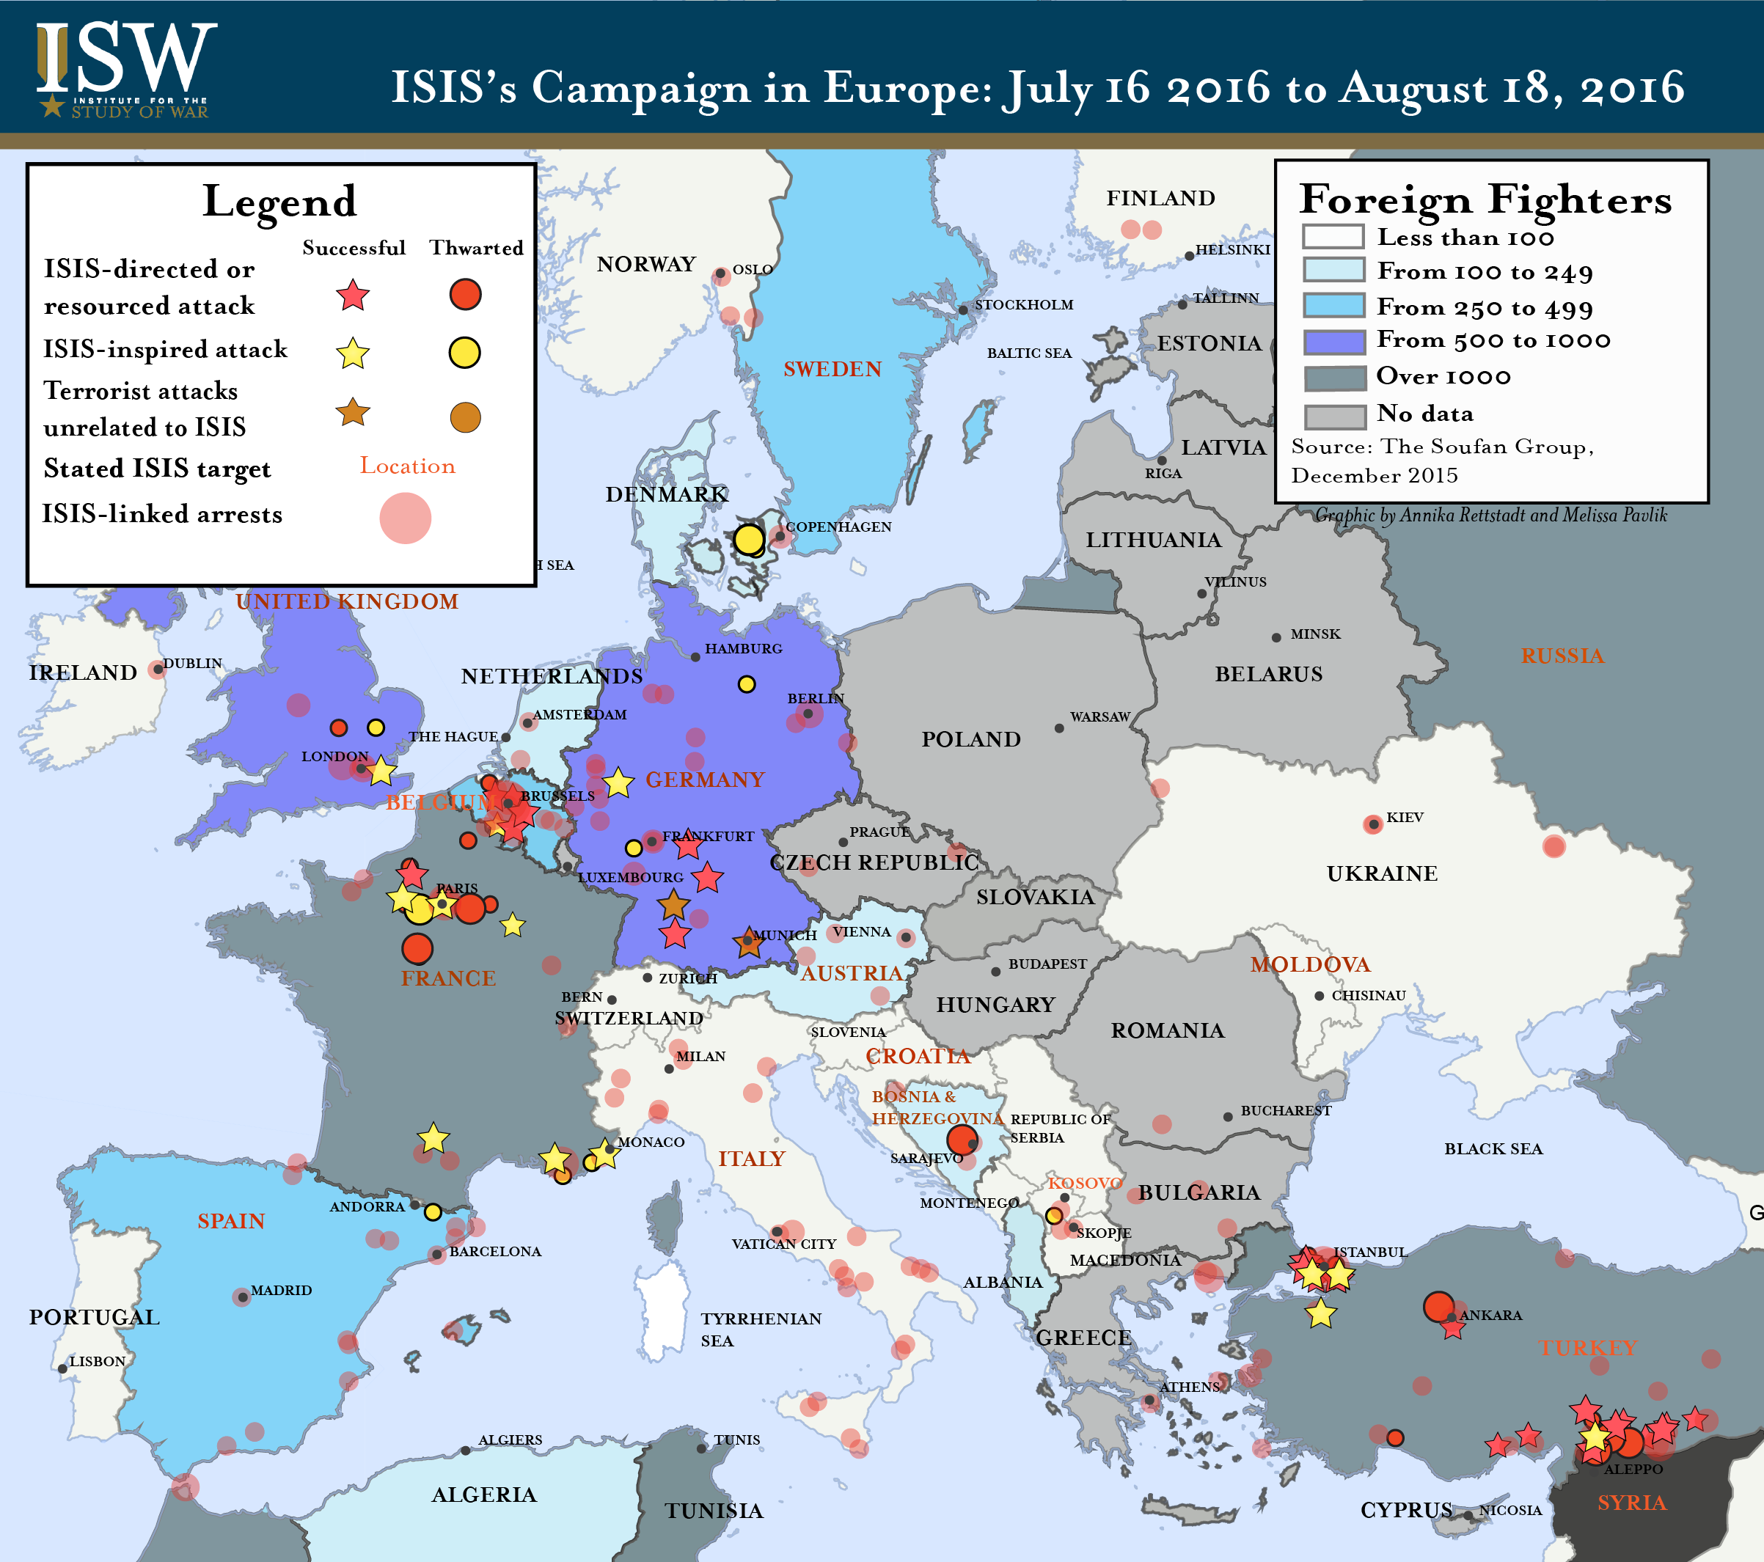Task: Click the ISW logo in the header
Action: tap(125, 69)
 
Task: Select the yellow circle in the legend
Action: tap(464, 352)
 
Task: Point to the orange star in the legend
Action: tap(352, 413)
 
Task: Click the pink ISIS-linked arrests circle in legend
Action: tap(405, 518)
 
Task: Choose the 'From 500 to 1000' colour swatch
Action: tap(1334, 342)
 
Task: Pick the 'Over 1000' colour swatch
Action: tap(1334, 378)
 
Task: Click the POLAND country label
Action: tap(971, 740)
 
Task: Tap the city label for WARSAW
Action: tap(1099, 717)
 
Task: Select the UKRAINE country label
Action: tap(1382, 873)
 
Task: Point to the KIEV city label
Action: tap(1405, 817)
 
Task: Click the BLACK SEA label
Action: tap(1493, 1148)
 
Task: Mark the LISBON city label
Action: tap(98, 1361)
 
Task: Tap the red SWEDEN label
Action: tap(832, 370)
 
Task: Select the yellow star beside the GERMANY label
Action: tap(618, 782)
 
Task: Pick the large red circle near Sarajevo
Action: tap(961, 1139)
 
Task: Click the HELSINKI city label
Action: tap(1232, 249)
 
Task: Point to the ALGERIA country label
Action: tap(484, 1495)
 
